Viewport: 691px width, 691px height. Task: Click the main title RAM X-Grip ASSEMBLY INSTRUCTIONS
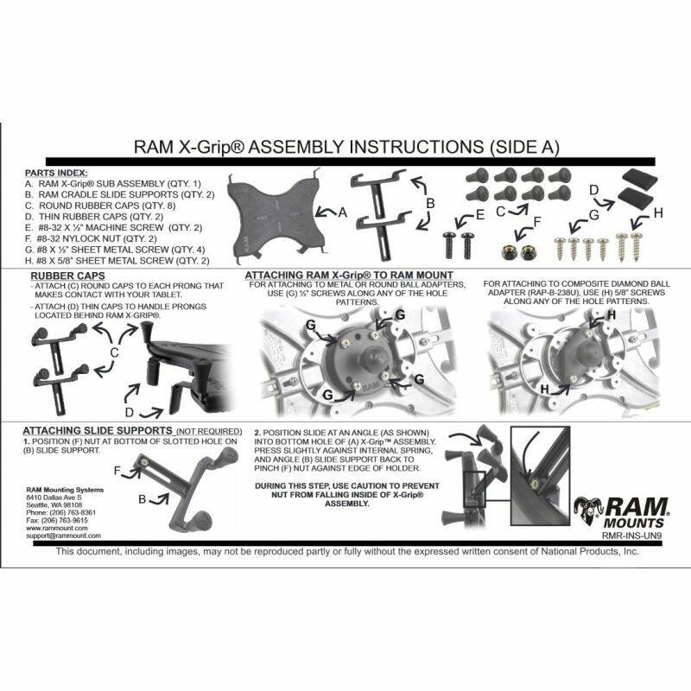click(x=345, y=148)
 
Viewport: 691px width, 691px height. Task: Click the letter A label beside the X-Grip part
click(x=342, y=212)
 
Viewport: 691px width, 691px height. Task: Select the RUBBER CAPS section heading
click(x=55, y=276)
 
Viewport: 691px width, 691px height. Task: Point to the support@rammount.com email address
click(x=64, y=536)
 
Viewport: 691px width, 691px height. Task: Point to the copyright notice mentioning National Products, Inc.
click(x=345, y=553)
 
